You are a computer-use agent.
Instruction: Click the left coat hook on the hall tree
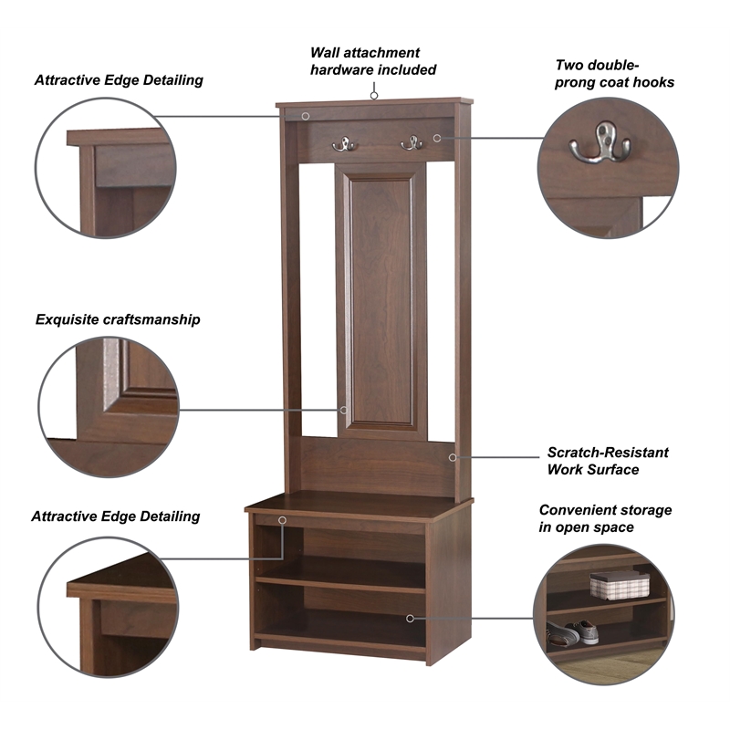(345, 144)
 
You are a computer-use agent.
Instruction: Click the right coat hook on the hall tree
(412, 143)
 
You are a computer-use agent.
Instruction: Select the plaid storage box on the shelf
(620, 585)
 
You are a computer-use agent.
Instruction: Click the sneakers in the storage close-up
(572, 632)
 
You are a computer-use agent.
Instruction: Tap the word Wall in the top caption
(322, 52)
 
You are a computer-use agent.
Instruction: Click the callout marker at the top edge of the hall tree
(306, 116)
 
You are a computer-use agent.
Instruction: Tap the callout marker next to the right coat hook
(437, 138)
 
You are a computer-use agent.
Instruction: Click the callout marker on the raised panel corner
(344, 410)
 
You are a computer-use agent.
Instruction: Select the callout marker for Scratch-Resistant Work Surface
(453, 458)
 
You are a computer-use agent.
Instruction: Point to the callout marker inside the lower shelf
(410, 619)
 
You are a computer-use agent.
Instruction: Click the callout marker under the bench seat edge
(282, 520)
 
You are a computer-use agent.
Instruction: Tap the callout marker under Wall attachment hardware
(374, 96)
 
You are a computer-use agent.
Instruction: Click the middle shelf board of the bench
(340, 584)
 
